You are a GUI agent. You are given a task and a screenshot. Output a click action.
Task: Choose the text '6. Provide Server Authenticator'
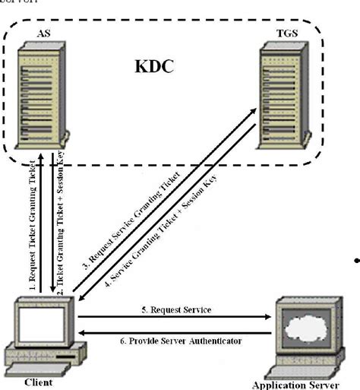186,341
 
